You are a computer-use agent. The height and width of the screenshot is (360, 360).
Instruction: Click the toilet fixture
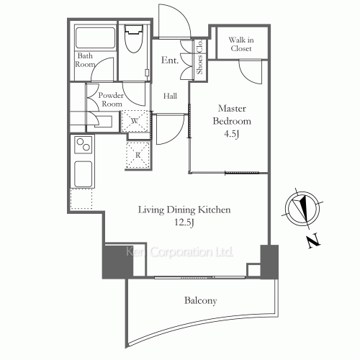pyautogui.click(x=134, y=38)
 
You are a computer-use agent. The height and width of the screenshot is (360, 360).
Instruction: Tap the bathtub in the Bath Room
pyautogui.click(x=95, y=38)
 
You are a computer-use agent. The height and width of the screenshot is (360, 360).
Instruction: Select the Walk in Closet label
pyautogui.click(x=241, y=44)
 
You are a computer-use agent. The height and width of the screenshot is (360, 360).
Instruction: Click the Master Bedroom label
pyautogui.click(x=232, y=114)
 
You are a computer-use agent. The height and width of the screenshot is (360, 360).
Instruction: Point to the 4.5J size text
pyautogui.click(x=232, y=134)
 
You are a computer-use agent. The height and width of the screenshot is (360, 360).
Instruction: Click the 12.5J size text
pyautogui.click(x=184, y=222)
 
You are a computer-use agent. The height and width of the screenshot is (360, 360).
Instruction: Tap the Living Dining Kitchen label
pyautogui.click(x=184, y=210)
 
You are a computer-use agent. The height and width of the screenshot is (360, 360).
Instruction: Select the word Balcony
pyautogui.click(x=201, y=301)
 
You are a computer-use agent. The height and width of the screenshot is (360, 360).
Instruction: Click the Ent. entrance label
pyautogui.click(x=170, y=60)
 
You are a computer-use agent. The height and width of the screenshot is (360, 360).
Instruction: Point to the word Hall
pyautogui.click(x=170, y=96)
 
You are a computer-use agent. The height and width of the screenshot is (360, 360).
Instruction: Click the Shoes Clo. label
pyautogui.click(x=199, y=57)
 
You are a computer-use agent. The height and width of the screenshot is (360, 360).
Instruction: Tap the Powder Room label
pyautogui.click(x=111, y=99)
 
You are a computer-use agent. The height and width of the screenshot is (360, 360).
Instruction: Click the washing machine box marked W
pyautogui.click(x=135, y=121)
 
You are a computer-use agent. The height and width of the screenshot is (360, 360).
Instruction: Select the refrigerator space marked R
pyautogui.click(x=138, y=155)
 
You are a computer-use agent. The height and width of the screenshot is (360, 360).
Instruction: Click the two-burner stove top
pyautogui.click(x=84, y=145)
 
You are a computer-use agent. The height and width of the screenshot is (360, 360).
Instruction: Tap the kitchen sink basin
pyautogui.click(x=83, y=174)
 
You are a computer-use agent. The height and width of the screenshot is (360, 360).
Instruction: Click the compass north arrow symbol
pyautogui.click(x=302, y=208)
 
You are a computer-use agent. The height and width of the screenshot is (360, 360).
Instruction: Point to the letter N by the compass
pyautogui.click(x=314, y=240)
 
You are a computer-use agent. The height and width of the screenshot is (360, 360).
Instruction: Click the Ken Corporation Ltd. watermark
pyautogui.click(x=179, y=252)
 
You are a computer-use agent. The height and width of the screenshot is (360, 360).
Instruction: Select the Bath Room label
pyautogui.click(x=85, y=60)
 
